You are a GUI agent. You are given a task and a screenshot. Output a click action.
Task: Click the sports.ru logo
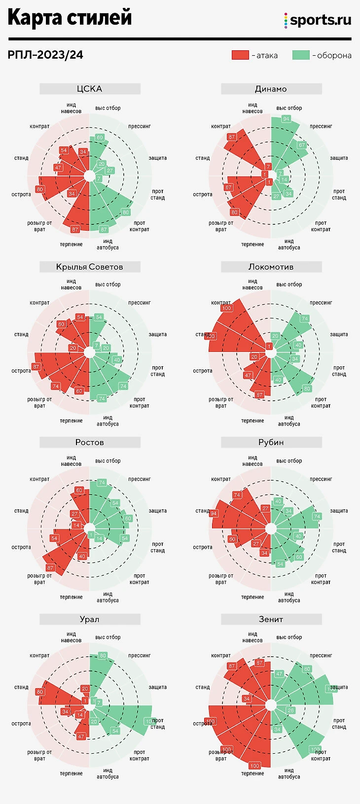[318, 20]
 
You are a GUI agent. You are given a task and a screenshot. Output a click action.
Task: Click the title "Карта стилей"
[70, 18]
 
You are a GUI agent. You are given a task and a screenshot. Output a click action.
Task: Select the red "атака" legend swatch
[240, 55]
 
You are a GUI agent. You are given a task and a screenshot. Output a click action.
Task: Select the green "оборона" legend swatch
[301, 55]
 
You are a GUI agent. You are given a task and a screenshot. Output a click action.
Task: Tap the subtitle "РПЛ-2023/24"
[45, 55]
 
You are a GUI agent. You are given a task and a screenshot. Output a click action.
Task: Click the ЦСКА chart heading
[90, 89]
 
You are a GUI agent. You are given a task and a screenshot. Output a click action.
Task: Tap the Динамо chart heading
[271, 89]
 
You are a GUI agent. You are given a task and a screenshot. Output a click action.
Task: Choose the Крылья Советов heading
[90, 267]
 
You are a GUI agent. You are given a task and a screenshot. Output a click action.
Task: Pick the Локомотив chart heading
[271, 267]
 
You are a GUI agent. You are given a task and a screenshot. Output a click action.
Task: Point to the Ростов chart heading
[90, 442]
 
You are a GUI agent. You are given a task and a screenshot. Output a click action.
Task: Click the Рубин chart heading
[271, 442]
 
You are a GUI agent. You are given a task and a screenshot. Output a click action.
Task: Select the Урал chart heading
[90, 619]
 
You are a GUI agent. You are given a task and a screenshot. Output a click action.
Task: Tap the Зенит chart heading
[271, 619]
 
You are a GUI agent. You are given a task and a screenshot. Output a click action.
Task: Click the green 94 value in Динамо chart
[286, 119]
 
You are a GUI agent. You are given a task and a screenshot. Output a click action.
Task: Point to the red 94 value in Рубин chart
[214, 514]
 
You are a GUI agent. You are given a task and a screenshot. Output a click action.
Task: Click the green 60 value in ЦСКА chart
[100, 138]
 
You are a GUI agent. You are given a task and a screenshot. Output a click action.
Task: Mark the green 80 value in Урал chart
[103, 656]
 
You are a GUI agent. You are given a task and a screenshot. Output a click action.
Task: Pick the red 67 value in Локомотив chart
[259, 395]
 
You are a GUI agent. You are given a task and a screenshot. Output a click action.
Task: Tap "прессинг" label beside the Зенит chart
[321, 656]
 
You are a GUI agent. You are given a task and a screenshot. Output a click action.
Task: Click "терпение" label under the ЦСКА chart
[72, 245]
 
